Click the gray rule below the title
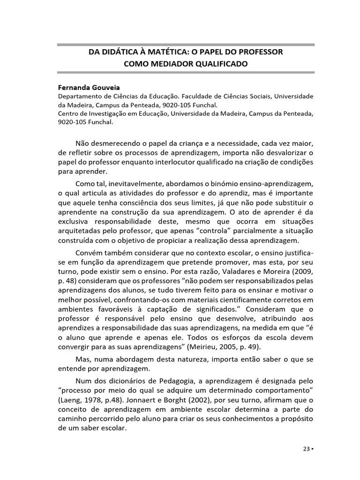tap(186, 72)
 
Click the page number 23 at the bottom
tap(305, 448)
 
